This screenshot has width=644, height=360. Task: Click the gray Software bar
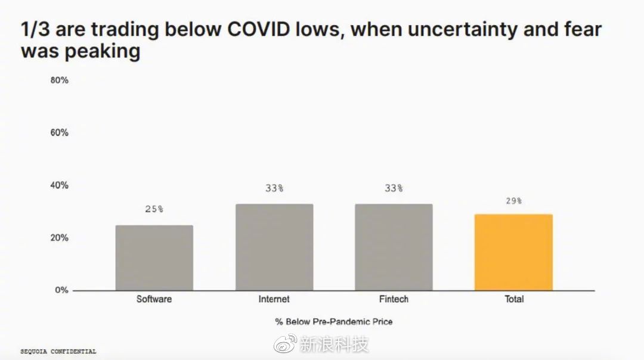(154, 257)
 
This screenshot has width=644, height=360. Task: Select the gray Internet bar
(274, 247)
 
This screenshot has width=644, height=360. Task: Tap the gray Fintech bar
(394, 247)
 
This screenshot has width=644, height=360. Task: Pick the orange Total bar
(513, 252)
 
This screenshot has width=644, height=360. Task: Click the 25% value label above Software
(154, 209)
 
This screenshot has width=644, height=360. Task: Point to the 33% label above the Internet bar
(274, 188)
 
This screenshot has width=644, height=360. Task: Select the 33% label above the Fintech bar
(394, 188)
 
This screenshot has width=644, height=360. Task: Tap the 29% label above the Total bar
(513, 201)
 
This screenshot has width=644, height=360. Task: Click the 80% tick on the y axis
(60, 80)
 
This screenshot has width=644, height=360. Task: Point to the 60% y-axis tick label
(60, 132)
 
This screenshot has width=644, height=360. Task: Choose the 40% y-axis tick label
(60, 185)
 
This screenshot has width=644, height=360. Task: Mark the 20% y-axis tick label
(60, 238)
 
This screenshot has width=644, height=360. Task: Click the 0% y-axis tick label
(62, 290)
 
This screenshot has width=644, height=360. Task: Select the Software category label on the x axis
(154, 299)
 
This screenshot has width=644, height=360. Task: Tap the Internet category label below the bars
(274, 299)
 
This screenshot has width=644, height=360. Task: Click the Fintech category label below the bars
(394, 299)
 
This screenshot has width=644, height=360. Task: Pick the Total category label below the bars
(514, 299)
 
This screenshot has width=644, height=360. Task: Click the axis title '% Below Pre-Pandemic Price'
(334, 322)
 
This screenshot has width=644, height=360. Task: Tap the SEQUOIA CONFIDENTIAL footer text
(58, 352)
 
